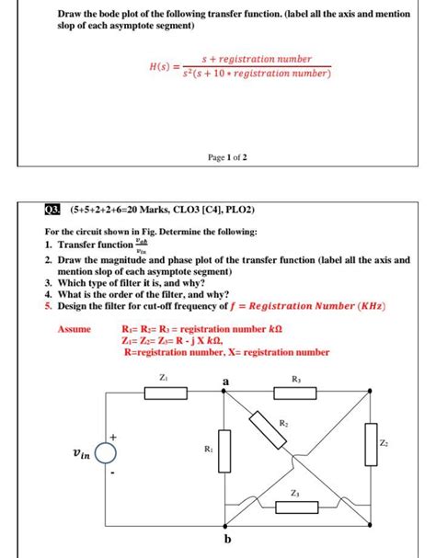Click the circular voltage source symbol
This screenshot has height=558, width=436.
tap(107, 453)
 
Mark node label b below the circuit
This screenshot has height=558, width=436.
tap(224, 540)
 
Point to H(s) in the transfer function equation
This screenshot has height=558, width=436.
tap(162, 66)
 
